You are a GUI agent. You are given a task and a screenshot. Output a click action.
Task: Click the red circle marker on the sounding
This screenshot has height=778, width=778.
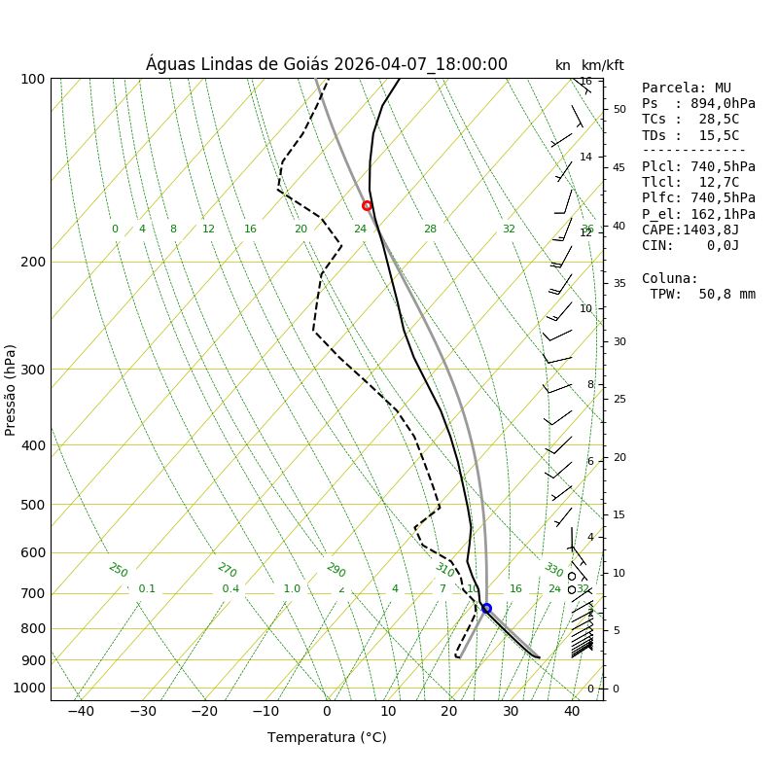[367, 205]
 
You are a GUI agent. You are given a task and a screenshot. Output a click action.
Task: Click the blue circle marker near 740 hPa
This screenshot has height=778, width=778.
[486, 608]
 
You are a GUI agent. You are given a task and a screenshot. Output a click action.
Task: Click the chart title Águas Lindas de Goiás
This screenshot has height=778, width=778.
[327, 64]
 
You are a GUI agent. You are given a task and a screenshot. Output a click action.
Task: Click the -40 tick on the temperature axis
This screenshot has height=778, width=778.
[81, 712]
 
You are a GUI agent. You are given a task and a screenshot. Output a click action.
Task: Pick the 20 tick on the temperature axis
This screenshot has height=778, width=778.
[449, 712]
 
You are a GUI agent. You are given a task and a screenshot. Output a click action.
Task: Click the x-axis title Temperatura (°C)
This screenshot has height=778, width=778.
[327, 737]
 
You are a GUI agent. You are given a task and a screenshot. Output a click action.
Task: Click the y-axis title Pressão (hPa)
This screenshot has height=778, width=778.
[11, 389]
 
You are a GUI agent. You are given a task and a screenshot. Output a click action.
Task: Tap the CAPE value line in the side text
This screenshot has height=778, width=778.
[690, 230]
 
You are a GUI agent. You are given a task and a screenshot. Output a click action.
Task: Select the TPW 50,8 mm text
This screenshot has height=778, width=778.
[702, 294]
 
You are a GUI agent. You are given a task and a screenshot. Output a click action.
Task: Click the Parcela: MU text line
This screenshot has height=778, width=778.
[687, 88]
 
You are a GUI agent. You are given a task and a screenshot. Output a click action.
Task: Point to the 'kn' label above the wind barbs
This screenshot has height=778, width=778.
[563, 65]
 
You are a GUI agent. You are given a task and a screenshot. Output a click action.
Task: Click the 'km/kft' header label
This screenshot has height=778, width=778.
[603, 65]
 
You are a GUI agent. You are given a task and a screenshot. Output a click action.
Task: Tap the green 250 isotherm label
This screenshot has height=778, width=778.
[118, 570]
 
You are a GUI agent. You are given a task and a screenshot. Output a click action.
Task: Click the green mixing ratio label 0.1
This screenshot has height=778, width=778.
[147, 588]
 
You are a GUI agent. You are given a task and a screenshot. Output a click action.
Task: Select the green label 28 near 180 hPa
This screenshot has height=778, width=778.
[430, 230]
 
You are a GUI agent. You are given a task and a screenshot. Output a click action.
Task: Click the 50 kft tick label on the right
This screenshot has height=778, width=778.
[619, 109]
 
